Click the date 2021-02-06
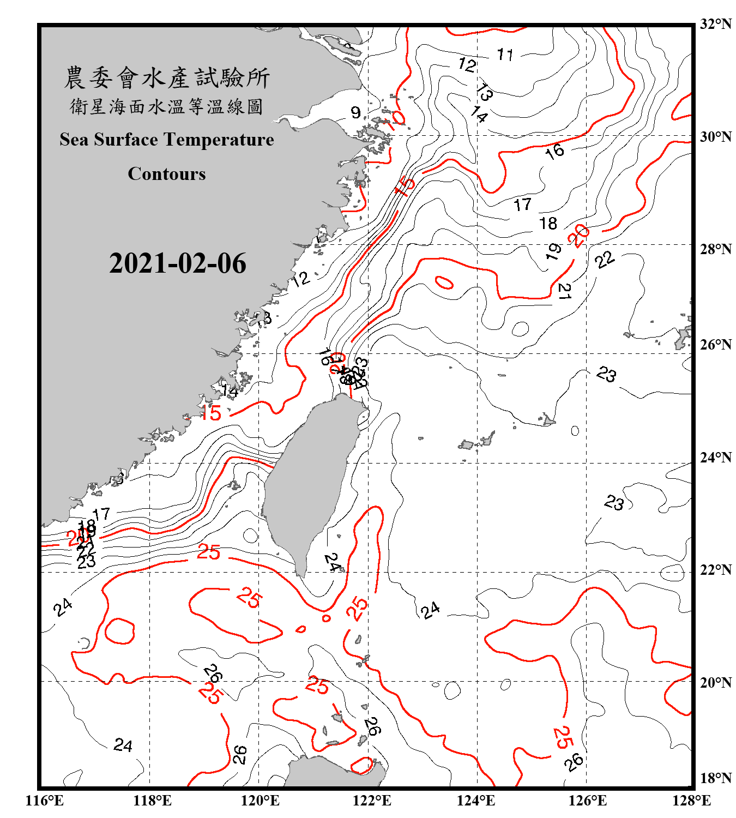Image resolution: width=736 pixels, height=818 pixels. point(178,263)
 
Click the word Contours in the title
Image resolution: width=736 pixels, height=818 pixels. point(167,173)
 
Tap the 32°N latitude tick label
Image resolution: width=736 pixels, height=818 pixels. point(716,24)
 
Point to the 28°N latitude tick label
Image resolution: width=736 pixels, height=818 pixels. point(716,249)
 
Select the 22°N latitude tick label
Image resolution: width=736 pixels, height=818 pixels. point(716,570)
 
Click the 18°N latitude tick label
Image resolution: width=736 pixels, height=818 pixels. point(716,778)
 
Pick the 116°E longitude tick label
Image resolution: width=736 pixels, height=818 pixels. point(44,801)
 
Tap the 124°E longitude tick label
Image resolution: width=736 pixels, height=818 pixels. point(476,801)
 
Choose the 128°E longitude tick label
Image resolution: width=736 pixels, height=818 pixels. point(691,801)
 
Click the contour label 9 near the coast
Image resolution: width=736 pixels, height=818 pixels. point(355,112)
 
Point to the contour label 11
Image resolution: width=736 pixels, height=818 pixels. point(505,55)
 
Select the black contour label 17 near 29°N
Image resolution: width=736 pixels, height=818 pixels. point(522,204)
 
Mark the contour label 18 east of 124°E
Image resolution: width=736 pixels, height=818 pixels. point(548,223)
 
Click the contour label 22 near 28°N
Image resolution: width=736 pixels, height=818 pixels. point(605,260)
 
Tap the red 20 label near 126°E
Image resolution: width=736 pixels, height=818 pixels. point(578,235)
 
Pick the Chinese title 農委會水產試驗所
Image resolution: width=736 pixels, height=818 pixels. point(167,78)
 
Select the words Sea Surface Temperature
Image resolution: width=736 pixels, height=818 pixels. point(167,140)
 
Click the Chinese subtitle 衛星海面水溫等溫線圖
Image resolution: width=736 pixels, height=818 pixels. point(167,106)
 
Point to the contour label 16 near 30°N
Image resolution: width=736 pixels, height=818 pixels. point(554,151)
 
